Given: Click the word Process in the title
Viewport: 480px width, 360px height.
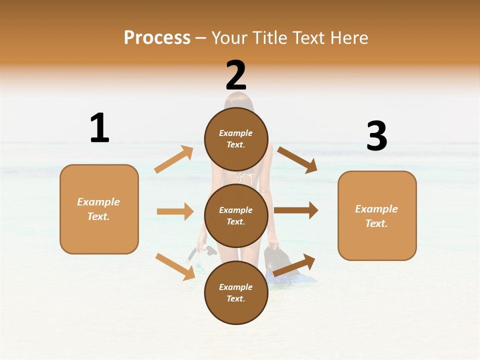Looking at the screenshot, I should point(157,37).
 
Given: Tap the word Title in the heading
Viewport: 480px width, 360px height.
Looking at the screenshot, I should point(270,37).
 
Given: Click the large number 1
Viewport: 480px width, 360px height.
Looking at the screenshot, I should point(99,128).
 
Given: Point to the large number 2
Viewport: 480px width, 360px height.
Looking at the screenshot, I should point(236,75).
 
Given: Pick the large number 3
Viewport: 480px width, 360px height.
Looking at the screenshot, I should point(376,136).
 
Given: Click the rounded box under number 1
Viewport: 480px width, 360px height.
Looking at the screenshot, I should point(99,209).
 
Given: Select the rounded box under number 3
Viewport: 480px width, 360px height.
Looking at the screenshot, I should point(377,215).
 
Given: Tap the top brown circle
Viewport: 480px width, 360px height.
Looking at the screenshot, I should point(236,139).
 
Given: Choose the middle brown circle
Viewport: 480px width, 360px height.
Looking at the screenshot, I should point(236,215).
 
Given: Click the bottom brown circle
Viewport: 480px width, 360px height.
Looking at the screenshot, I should point(236,292).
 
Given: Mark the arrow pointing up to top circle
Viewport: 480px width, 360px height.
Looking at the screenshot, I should point(174,159).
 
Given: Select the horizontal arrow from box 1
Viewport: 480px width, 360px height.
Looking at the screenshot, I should point(175,211).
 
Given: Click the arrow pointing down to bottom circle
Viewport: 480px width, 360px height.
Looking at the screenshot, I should point(175,266).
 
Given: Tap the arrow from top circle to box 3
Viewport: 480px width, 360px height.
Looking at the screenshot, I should point(297,159).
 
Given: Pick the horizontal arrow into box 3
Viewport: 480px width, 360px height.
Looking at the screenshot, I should point(296,210).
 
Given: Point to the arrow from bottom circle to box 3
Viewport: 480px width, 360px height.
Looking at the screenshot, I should point(294,265).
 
